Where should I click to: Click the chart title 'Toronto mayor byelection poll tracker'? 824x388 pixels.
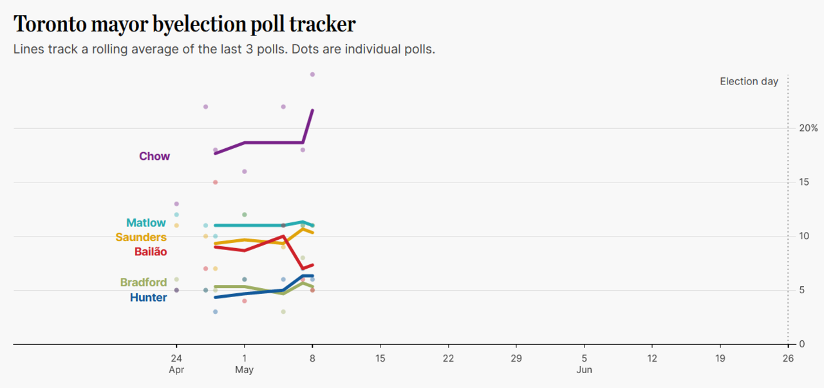pos(184,24)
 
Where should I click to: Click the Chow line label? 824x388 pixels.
pos(154,156)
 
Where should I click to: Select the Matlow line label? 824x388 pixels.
pos(145,223)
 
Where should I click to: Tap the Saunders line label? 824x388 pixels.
pos(141,237)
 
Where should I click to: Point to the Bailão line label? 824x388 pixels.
pos(151,251)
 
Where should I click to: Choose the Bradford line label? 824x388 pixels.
pos(144,282)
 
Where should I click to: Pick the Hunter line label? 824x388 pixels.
pos(148,298)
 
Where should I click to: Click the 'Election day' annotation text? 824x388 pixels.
pos(749,81)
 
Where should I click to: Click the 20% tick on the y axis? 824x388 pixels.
pos(800,128)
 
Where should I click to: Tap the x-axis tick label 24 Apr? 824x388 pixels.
pos(176,358)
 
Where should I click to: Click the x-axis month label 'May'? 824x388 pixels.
pos(244,370)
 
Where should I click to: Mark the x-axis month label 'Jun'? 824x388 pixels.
pos(584,370)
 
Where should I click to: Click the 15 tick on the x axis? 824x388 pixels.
pos(380,358)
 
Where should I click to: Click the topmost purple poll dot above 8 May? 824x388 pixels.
pos(312,75)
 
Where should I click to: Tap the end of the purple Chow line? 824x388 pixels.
pos(312,110)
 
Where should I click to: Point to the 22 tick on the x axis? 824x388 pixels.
pos(448,358)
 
